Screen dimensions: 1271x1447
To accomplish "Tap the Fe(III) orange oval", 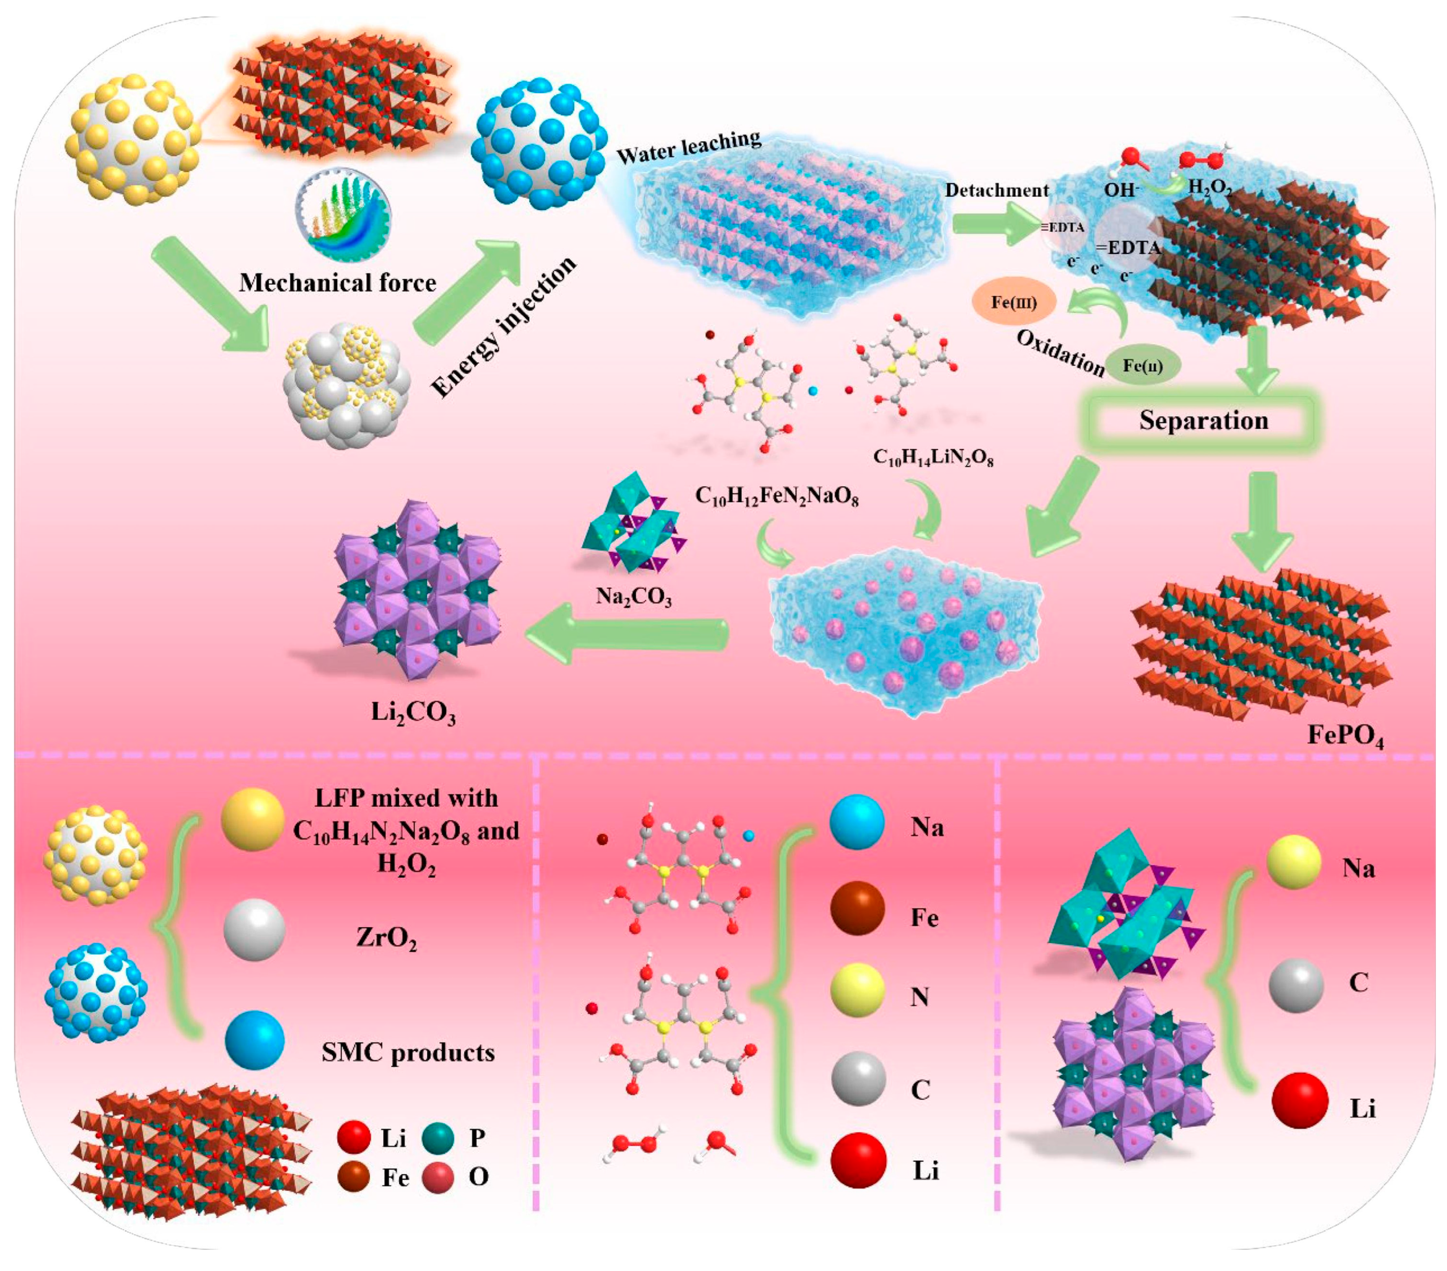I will (x=1014, y=302).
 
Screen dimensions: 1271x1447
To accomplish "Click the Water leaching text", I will (x=689, y=147).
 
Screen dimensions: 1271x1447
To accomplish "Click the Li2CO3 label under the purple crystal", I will (x=413, y=712).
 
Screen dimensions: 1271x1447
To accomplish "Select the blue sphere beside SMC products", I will (x=255, y=1039).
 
